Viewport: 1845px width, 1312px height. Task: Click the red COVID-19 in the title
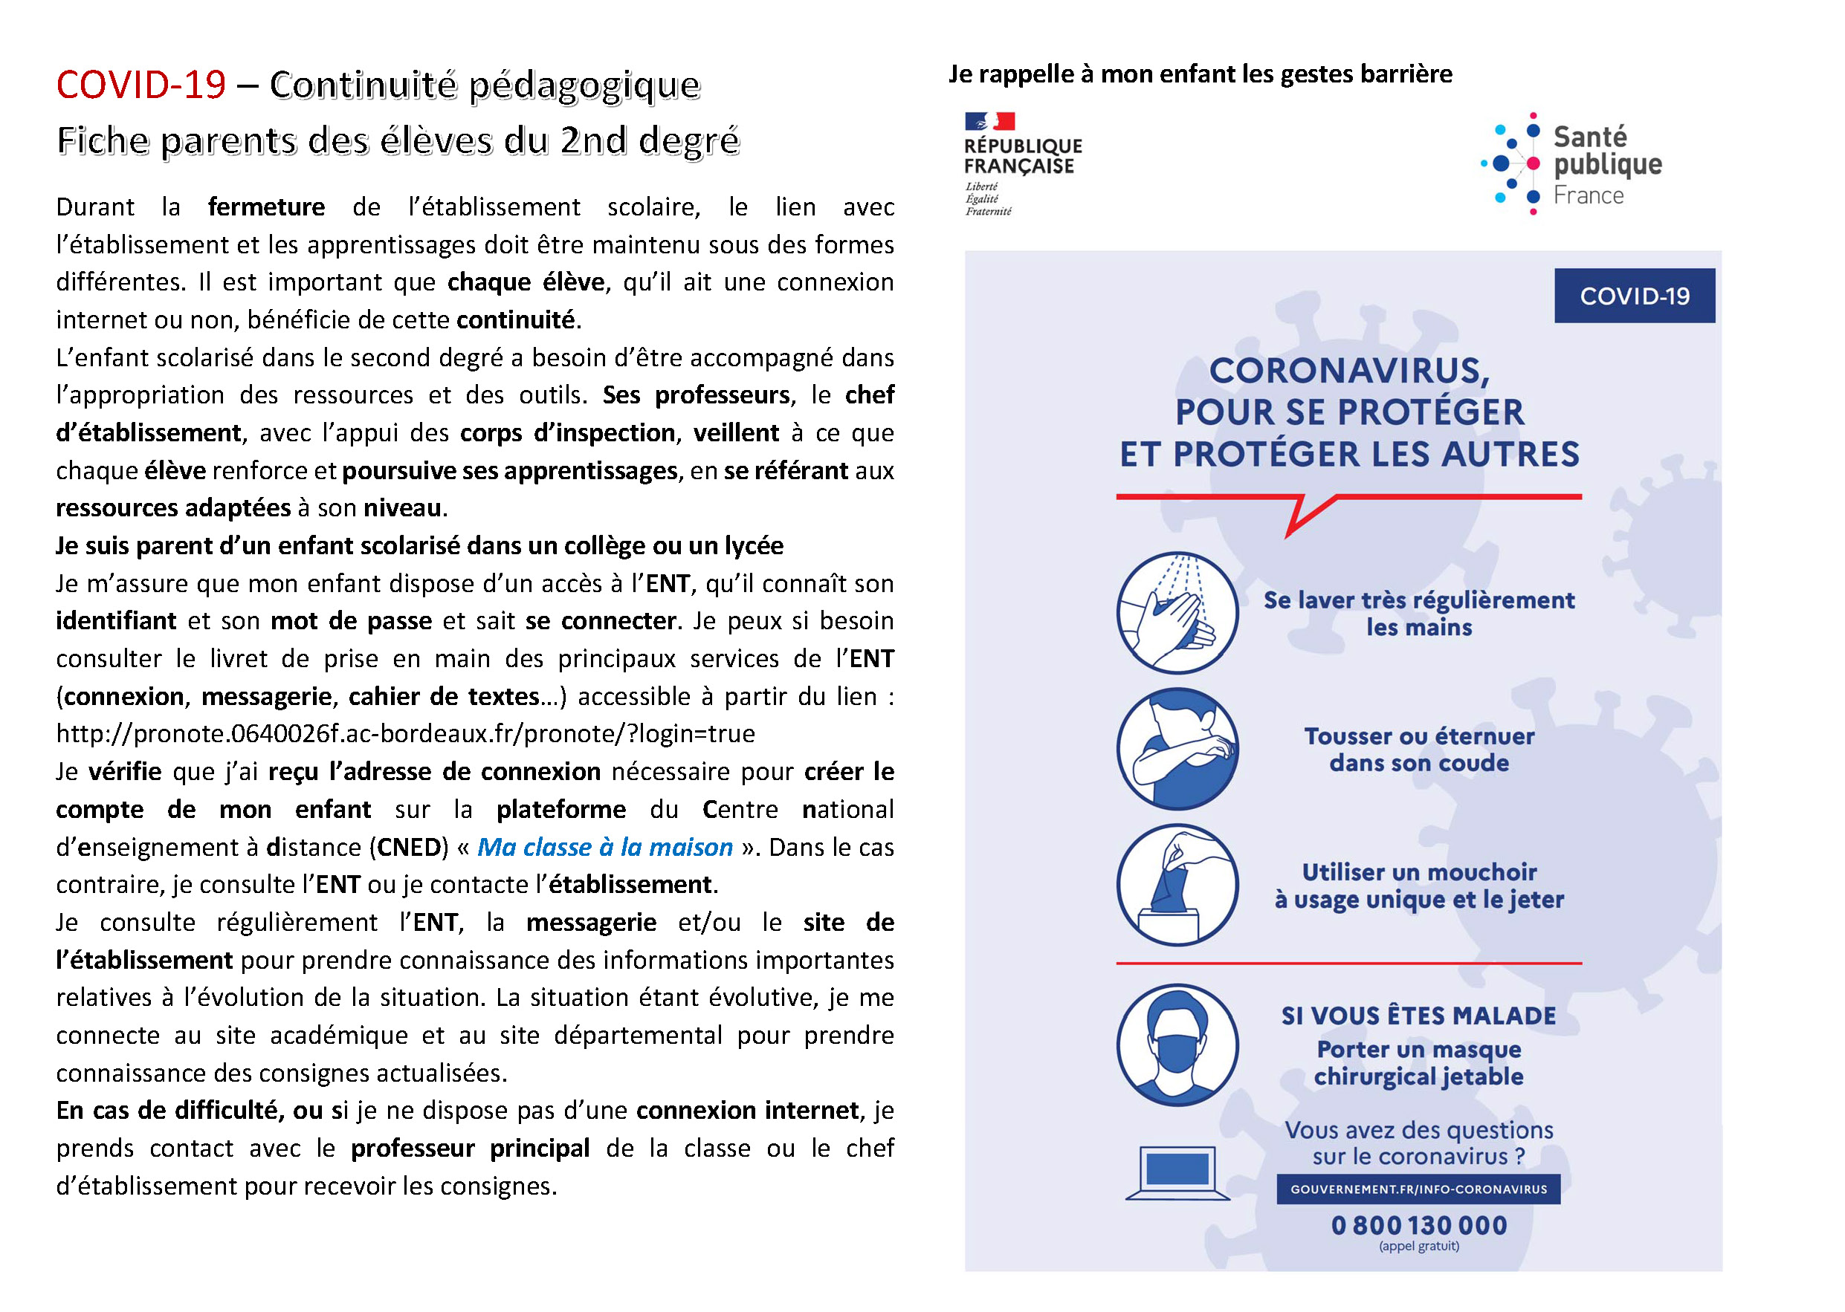[x=140, y=85]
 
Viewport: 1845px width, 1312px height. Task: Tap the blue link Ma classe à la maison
[x=604, y=847]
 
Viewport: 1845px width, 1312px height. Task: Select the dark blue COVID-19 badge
[x=1633, y=296]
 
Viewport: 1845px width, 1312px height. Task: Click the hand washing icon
[x=1177, y=612]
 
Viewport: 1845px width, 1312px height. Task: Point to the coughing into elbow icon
[x=1177, y=748]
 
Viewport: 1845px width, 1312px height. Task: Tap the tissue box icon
[x=1177, y=885]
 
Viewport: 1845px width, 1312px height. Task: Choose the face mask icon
[x=1177, y=1045]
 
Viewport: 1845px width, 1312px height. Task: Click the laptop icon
[x=1177, y=1172]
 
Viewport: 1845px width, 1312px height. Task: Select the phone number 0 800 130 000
[x=1418, y=1225]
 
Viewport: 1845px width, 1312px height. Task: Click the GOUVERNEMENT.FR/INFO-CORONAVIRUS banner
[x=1418, y=1189]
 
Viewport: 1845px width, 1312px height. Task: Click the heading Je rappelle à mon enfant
[x=1199, y=74]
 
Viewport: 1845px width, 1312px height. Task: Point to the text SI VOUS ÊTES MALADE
[x=1418, y=1016]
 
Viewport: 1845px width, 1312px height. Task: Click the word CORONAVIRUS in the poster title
[x=1348, y=371]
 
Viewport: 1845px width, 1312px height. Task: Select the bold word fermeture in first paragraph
[x=266, y=207]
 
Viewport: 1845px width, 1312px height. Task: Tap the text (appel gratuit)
[x=1418, y=1246]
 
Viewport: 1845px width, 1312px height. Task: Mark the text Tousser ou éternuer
[x=1418, y=736]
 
